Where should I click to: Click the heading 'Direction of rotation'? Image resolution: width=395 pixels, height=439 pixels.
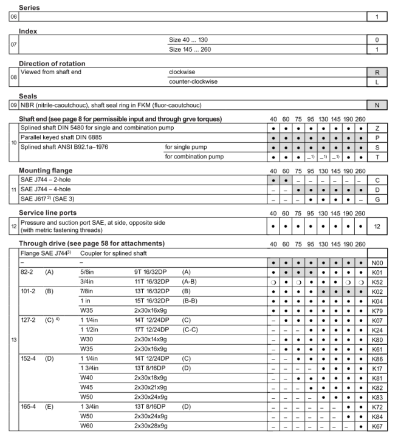(x=52, y=64)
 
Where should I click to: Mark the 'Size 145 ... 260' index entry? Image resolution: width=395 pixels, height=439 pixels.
(x=193, y=49)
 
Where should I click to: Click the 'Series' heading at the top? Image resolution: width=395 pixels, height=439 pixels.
(x=30, y=7)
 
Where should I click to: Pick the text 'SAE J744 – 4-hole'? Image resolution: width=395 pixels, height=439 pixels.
(x=50, y=189)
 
